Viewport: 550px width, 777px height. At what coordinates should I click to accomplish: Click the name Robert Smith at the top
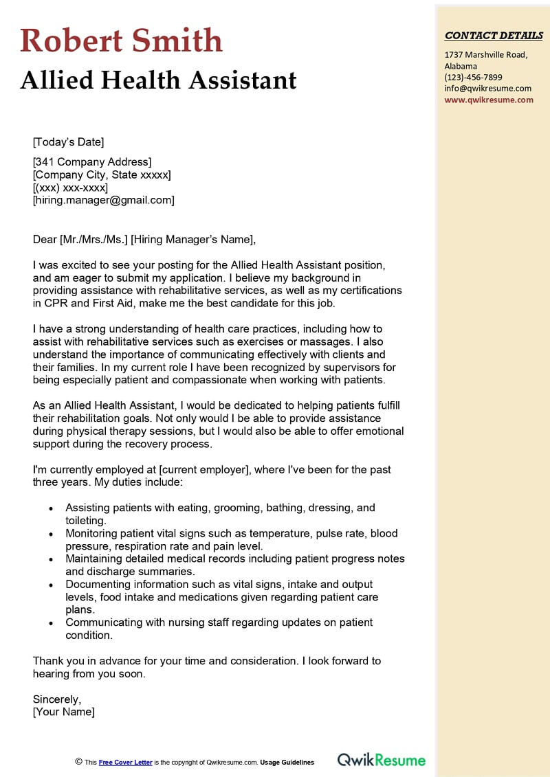pos(122,41)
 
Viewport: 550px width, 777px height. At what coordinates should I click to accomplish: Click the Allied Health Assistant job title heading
pos(159,80)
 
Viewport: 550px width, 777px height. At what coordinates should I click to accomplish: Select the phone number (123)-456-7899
pos(473,77)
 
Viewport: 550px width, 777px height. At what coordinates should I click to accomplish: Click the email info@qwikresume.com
pos(487,88)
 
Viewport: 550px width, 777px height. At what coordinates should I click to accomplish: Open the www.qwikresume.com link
pos(488,99)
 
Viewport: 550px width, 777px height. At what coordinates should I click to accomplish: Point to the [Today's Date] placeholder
pos(68,142)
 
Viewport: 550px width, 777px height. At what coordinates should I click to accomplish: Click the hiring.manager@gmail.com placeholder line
pos(103,200)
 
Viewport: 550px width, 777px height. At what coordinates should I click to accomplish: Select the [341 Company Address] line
pos(92,162)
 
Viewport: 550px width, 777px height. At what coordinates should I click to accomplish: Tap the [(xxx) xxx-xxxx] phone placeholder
pos(70,188)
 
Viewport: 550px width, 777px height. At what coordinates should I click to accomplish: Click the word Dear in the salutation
pos(45,239)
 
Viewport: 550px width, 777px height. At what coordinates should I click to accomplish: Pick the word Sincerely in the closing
pos(57,699)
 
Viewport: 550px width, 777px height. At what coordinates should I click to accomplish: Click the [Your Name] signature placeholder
pos(64,712)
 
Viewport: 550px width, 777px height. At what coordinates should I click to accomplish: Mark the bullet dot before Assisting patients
pos(51,508)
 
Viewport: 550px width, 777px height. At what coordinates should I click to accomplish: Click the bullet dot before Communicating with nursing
pos(51,623)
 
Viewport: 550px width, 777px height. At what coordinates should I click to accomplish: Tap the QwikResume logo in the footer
pos(382,760)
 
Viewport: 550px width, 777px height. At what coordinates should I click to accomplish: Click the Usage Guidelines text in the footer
pos(287,762)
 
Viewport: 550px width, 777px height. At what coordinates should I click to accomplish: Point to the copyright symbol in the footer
pos(78,761)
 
